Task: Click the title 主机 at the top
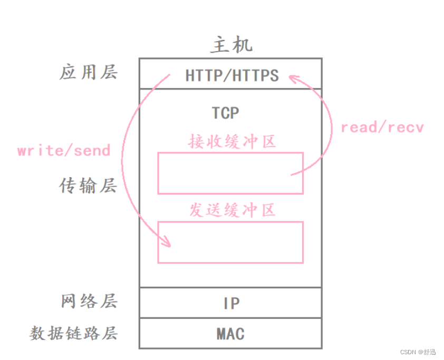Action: [x=231, y=45]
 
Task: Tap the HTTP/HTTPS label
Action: [x=231, y=76]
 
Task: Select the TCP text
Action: [x=225, y=113]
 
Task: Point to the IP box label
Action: [x=231, y=304]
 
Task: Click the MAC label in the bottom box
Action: [x=230, y=334]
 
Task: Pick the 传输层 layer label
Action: [x=88, y=186]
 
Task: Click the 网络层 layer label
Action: [x=88, y=301]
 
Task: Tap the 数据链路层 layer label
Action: [x=74, y=333]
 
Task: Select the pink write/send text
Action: [x=64, y=151]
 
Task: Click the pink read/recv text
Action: [x=382, y=127]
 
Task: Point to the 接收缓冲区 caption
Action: [x=232, y=141]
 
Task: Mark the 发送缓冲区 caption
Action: [x=232, y=210]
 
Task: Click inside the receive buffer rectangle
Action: [x=230, y=173]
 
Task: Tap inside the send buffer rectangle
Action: [x=230, y=242]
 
